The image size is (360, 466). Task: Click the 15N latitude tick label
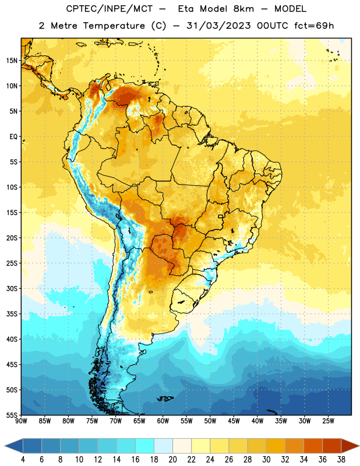pos(12,61)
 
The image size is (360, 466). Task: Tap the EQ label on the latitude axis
pos(13,137)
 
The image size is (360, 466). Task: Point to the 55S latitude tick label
pos(12,415)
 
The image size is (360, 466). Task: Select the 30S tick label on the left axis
pos(12,288)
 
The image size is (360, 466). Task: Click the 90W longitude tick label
pos(21,421)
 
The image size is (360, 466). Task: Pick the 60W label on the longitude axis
pos(163,421)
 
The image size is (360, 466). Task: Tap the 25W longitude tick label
pos(328,421)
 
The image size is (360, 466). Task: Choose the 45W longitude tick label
pos(234,421)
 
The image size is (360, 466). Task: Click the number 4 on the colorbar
pos(23,460)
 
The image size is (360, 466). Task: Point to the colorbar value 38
pos(341,460)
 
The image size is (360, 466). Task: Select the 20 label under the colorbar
pos(172,460)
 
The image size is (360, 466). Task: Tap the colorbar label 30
pos(266,460)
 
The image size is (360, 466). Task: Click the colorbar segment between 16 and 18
pos(145,446)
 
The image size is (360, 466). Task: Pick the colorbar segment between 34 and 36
pos(313,446)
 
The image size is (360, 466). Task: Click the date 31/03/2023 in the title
pos(218,26)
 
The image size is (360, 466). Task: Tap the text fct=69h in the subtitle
pos(314,26)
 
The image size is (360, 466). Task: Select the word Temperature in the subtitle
pos(114,26)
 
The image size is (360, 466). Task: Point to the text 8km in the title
pos(243,9)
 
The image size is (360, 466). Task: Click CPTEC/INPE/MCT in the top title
pos(109,9)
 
